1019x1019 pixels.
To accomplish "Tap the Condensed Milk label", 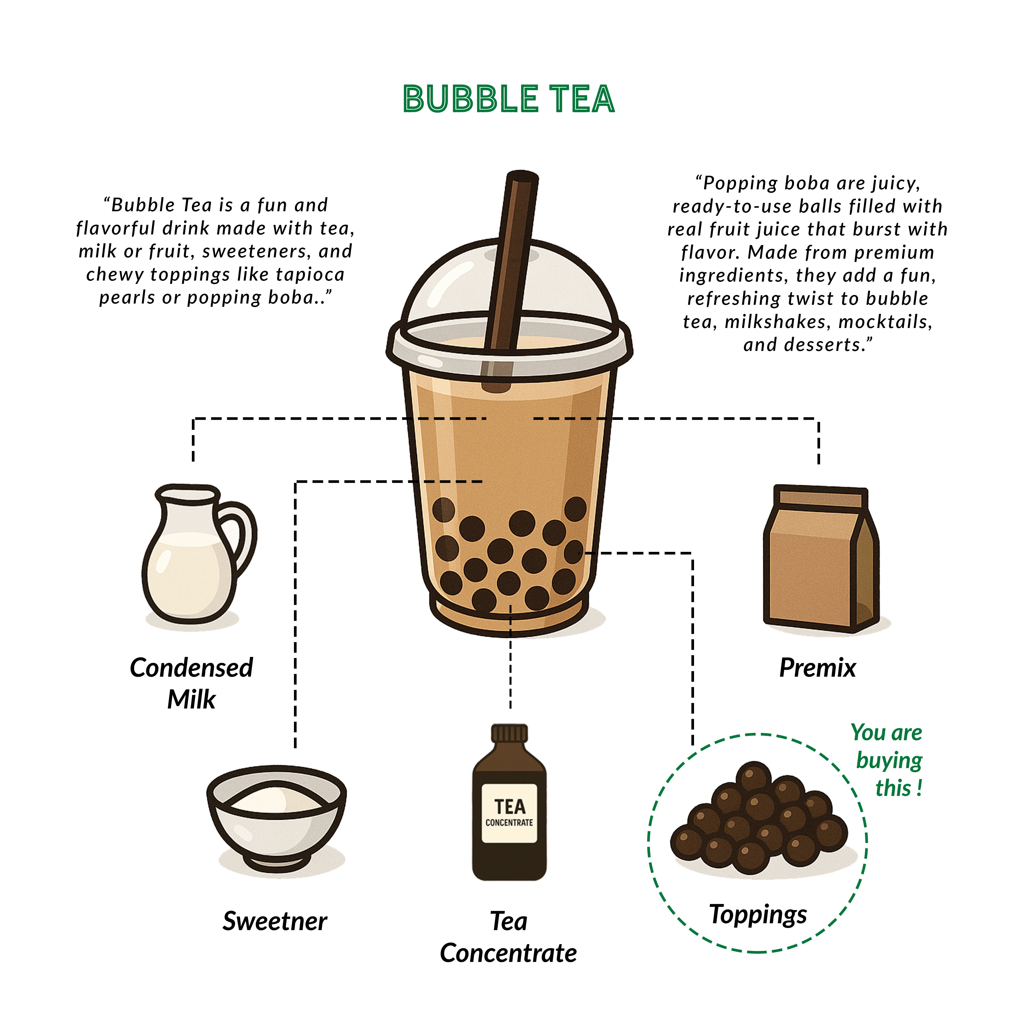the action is [x=191, y=683].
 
